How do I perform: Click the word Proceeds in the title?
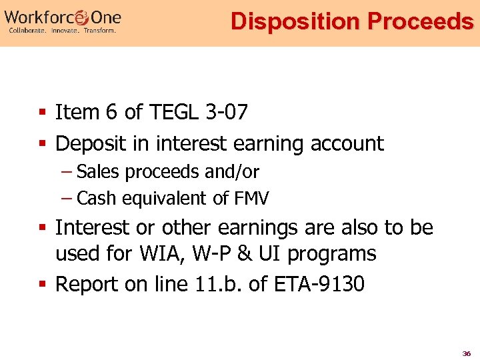[x=420, y=21]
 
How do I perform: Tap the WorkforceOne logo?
[x=63, y=15]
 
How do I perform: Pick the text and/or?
[x=232, y=171]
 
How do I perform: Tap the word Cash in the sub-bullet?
[x=95, y=198]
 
